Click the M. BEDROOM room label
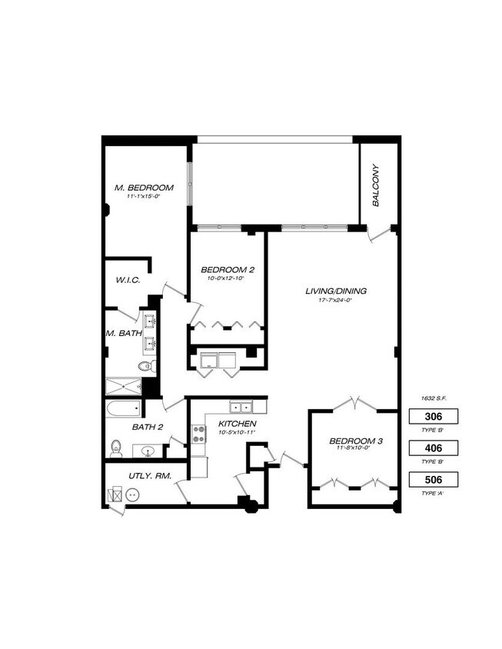(x=144, y=187)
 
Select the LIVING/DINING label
(x=336, y=291)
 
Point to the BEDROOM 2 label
(x=228, y=269)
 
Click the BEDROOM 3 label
(x=356, y=441)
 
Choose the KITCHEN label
(x=237, y=424)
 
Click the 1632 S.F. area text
(x=434, y=398)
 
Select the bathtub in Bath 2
(x=123, y=408)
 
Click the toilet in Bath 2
(x=117, y=447)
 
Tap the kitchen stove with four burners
(x=198, y=434)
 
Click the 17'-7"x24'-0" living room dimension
(x=336, y=301)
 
